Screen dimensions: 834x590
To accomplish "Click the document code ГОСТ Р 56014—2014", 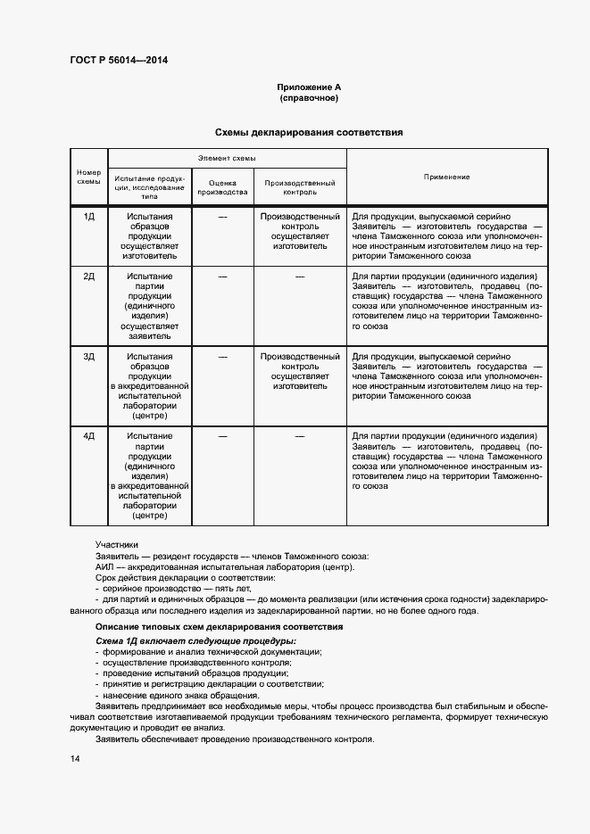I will click(118, 60).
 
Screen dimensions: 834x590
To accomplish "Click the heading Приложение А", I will click(309, 87).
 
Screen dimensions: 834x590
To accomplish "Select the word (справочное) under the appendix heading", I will click(309, 98).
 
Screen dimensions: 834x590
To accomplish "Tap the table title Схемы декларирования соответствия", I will click(309, 132).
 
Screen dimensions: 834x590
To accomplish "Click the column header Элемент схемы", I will click(227, 157).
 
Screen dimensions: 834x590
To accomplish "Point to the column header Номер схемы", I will click(88, 177).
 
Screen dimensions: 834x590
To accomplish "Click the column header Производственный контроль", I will click(299, 186).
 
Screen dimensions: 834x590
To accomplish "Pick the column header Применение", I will click(446, 177).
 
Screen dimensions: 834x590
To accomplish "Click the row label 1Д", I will click(88, 217).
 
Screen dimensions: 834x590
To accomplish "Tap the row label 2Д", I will click(88, 277).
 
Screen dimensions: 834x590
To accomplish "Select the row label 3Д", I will click(88, 357).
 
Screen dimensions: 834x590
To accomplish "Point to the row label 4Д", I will click(88, 436).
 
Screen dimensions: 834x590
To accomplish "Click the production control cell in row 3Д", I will click(299, 372).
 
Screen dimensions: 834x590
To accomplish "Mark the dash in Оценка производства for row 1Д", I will click(222, 217).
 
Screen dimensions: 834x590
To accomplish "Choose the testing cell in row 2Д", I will click(149, 301).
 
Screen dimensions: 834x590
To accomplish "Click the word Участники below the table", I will click(117, 544).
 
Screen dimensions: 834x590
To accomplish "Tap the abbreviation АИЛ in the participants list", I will click(105, 567).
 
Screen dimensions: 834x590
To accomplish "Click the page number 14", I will click(75, 758).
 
